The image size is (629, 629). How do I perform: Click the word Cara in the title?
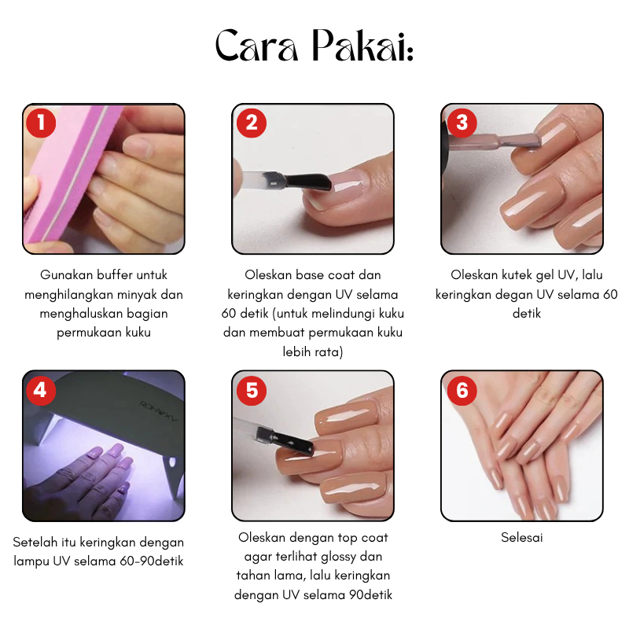pos(257,46)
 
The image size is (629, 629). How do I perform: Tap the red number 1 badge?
pos(41,123)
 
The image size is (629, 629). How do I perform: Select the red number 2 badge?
pos(252,123)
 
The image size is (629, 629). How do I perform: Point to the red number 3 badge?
pos(462,123)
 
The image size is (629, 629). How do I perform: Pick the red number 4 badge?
pos(41,390)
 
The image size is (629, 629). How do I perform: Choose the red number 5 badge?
pos(252,390)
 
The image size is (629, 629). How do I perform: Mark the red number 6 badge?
pos(462,390)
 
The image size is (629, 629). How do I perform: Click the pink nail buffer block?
pos(72,176)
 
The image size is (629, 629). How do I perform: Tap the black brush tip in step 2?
pos(308,182)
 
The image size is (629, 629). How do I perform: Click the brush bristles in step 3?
pos(524,141)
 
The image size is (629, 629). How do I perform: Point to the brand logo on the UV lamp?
pos(159,411)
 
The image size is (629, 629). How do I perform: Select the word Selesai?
pos(521,537)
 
